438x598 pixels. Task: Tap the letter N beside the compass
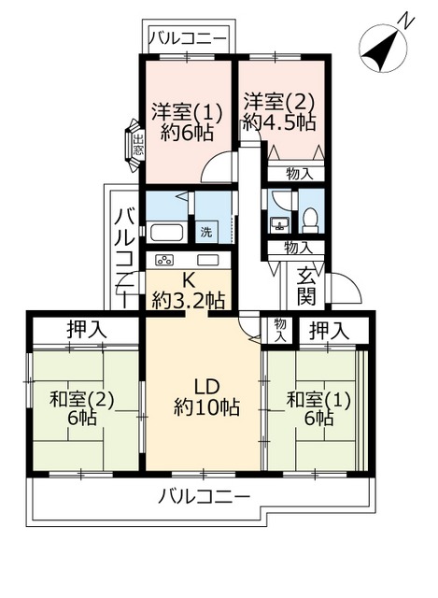pos(404,20)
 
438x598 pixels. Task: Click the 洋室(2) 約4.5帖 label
pos(280,110)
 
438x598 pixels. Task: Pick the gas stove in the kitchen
pos(165,260)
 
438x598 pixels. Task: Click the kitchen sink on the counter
pos(207,260)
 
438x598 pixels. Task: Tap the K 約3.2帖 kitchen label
pos(189,290)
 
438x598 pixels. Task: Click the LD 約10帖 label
pos(206,396)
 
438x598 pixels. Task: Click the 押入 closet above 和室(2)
pos(86,330)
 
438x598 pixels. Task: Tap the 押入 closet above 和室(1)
pos(331,330)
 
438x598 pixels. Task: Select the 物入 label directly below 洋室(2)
pos(297,174)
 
